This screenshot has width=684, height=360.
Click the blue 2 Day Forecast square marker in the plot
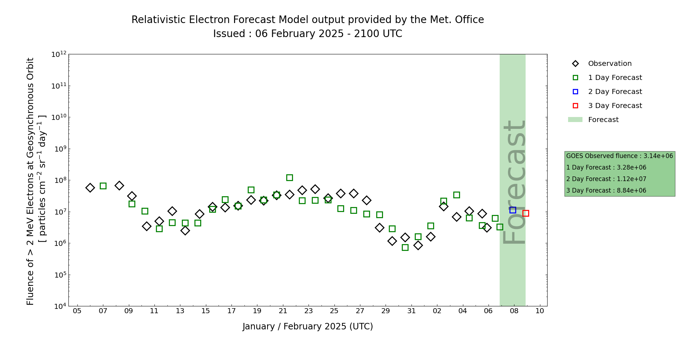point(513,210)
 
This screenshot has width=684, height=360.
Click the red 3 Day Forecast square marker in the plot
point(526,213)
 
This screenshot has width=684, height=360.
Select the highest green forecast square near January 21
point(289,177)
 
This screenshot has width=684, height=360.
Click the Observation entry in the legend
point(609,64)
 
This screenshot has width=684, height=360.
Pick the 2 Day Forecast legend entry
point(615,92)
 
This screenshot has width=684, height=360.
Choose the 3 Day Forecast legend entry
point(615,106)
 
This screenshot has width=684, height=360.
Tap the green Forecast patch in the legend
point(575,120)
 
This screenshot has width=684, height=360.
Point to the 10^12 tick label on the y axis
point(59,54)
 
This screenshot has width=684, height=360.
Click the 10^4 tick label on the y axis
point(59,306)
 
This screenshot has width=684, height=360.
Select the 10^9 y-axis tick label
point(59,149)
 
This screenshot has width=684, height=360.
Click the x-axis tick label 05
point(77,311)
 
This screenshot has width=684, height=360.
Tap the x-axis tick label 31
point(411,311)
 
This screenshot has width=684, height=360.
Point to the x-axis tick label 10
point(540,311)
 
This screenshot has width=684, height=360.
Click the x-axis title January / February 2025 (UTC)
point(308,327)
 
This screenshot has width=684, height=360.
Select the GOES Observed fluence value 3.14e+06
point(658,156)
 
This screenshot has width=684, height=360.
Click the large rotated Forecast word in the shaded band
point(514,182)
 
